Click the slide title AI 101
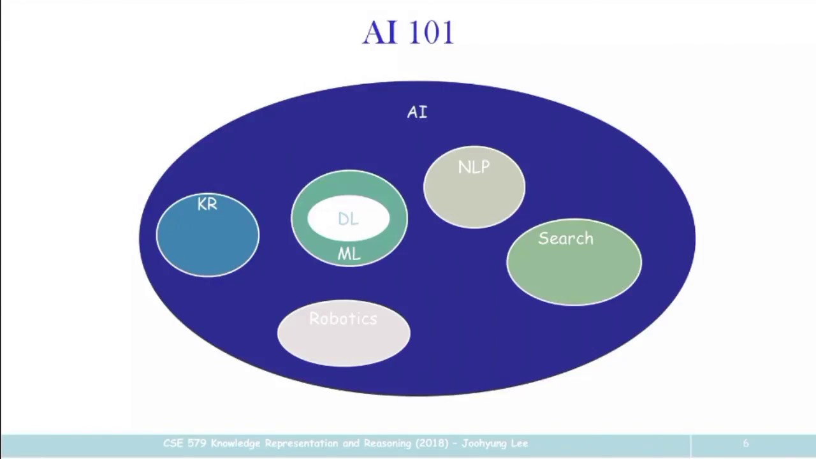coord(408,33)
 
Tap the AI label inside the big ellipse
coord(417,113)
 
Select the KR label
coord(207,205)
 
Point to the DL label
coord(348,219)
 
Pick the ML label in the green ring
coord(349,254)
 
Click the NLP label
coord(474,168)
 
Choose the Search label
coord(565,239)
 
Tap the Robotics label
coord(343,319)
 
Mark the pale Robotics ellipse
coord(344,344)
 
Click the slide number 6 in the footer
coord(745,444)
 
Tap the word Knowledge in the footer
coord(236,444)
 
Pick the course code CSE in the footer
coord(173,444)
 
